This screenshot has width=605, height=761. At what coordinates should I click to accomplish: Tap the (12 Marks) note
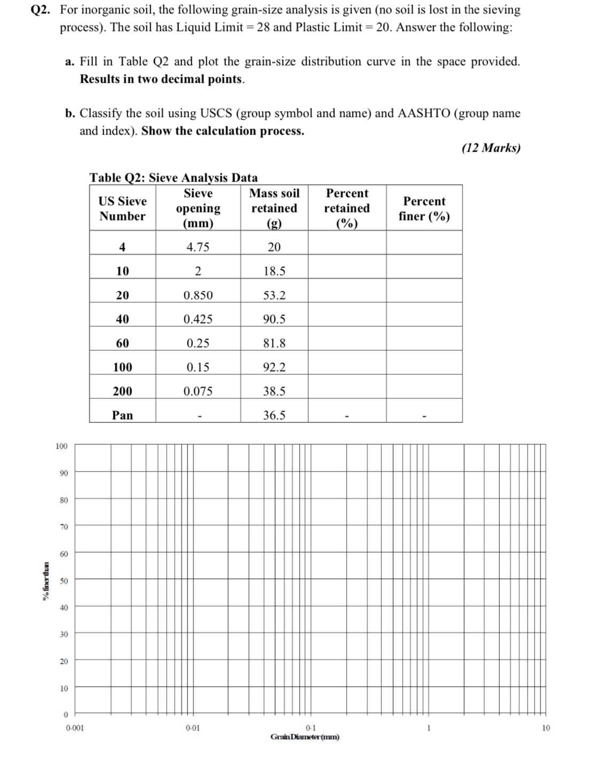pos(491,148)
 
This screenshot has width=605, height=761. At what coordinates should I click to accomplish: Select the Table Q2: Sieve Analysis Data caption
pos(173,177)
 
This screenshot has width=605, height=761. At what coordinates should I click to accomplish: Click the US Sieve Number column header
pos(122,208)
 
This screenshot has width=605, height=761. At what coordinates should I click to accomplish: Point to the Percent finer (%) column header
pos(424,208)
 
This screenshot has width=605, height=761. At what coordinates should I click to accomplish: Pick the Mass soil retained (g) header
pos(274,208)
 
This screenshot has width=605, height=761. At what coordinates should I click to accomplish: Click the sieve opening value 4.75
pos(198,247)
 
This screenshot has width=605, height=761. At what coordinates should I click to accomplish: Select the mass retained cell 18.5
pos(274,271)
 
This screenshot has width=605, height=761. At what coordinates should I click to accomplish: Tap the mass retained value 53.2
pos(274,295)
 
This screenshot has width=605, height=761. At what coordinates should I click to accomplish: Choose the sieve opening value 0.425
pos(198,319)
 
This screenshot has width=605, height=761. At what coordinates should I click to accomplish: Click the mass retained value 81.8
pos(274,343)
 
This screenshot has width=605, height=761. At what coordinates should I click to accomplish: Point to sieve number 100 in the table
pos(122,367)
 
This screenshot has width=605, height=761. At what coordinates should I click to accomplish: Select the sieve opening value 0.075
pos(198,391)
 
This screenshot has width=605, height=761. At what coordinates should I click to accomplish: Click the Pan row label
pos(122,415)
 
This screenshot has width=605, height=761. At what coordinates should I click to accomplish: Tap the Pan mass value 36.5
pos(274,415)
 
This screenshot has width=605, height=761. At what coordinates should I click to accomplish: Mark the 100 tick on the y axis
pos(61,446)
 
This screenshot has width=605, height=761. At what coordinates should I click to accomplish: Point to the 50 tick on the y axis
pos(64,580)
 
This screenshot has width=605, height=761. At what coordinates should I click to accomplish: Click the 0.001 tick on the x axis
pos(75,727)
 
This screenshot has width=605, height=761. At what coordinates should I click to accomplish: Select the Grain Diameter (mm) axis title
pos(304,737)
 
